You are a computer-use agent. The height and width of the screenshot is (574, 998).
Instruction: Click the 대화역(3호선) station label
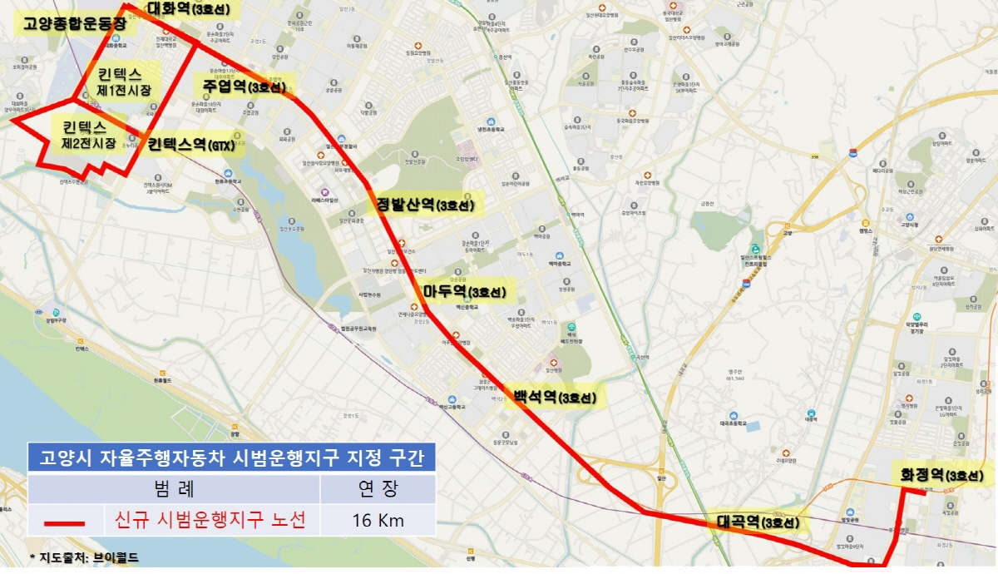192,10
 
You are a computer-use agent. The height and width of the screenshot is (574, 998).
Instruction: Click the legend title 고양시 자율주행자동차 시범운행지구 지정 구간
231,457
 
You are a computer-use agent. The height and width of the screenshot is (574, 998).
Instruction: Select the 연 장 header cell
378,488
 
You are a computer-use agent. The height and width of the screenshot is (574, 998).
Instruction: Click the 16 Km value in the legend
378,521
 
